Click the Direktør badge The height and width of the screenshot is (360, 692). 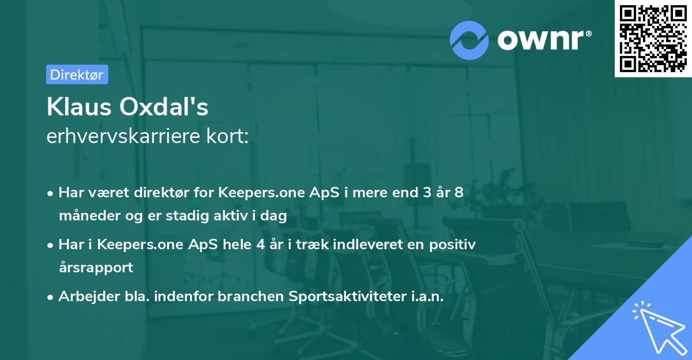pyautogui.click(x=77, y=74)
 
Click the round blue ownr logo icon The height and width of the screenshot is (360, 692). pyautogui.click(x=469, y=40)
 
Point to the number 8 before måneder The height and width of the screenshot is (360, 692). pyautogui.click(x=458, y=192)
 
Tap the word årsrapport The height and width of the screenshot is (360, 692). pyautogui.click(x=96, y=267)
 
